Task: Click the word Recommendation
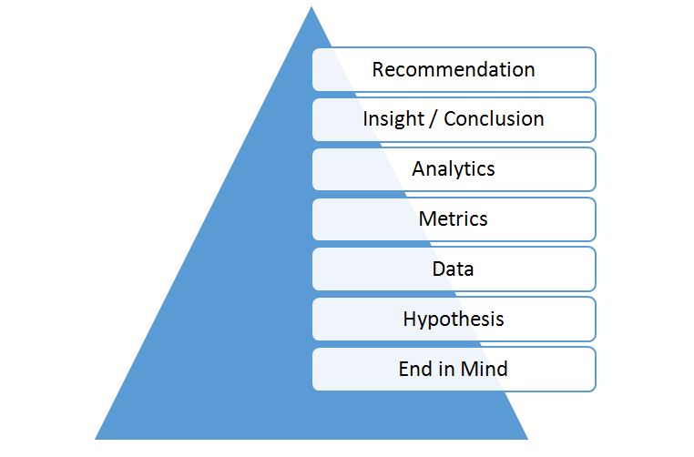point(454,69)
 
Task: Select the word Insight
point(393,119)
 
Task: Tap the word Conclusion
point(494,118)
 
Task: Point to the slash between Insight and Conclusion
point(434,119)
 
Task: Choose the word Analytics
point(454,169)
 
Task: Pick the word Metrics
point(453,218)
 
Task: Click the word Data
point(453,269)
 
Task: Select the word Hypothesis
point(454,320)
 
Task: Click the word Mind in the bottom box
point(484,369)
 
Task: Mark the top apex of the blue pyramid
point(311,6)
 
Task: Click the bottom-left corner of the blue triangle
point(95,439)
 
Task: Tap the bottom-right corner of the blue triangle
point(528,439)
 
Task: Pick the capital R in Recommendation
point(378,70)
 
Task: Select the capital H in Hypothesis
point(410,319)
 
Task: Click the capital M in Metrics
point(426,218)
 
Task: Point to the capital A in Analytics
point(419,168)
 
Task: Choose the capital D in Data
point(439,269)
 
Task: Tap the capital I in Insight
point(365,118)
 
